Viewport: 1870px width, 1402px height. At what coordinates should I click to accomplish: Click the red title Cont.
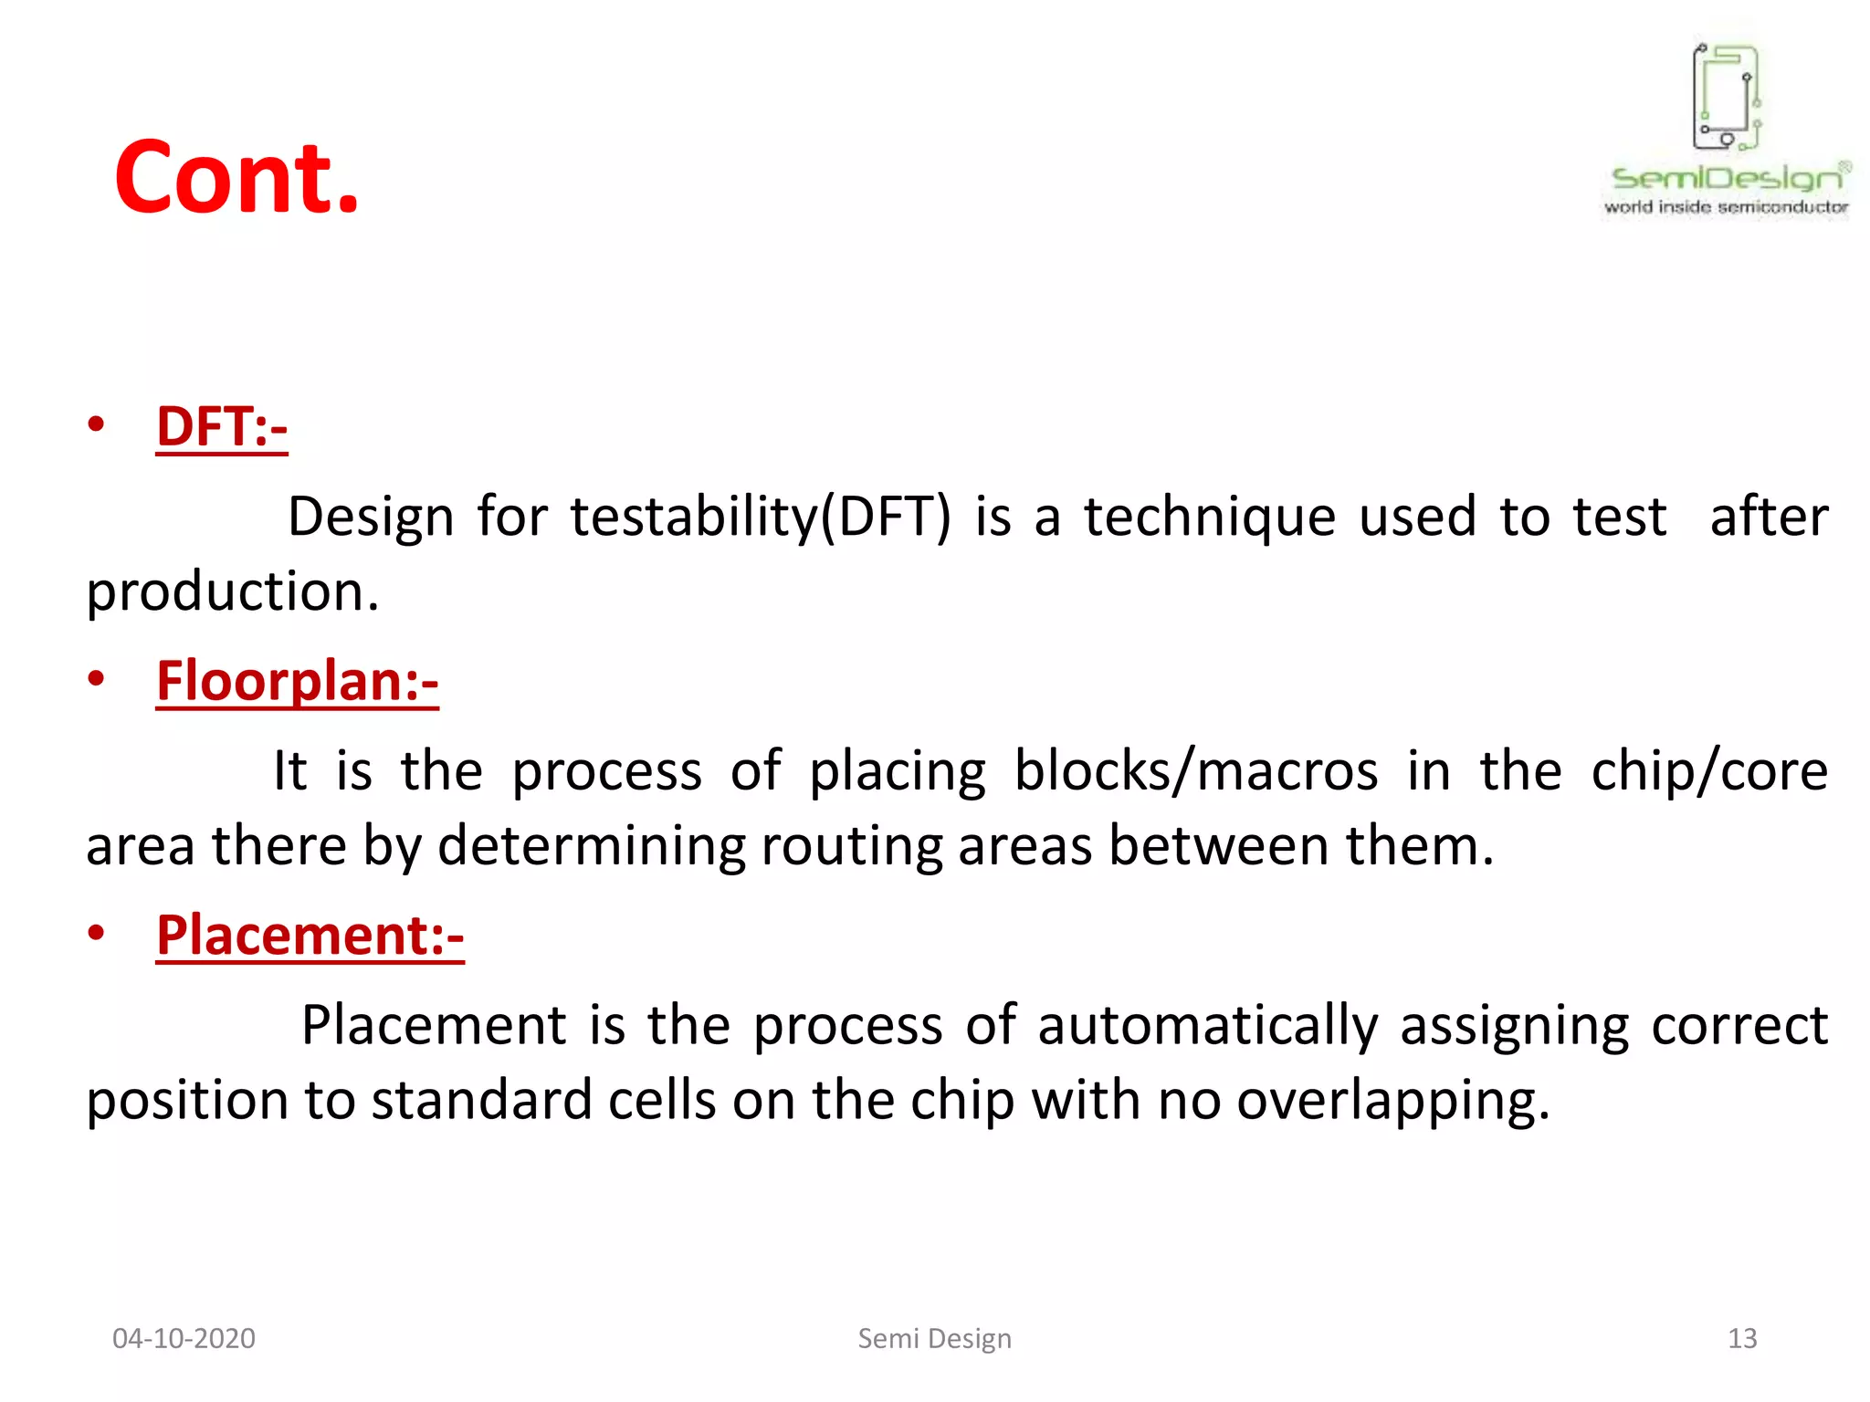tap(236, 177)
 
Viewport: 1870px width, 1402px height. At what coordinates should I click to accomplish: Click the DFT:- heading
tap(222, 427)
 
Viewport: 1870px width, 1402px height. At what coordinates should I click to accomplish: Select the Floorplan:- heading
tap(297, 681)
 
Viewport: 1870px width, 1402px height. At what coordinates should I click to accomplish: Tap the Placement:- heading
tap(310, 936)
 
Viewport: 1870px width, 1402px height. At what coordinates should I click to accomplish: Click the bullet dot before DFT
tap(96, 424)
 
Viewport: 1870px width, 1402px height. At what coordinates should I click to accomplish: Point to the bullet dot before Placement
tap(96, 933)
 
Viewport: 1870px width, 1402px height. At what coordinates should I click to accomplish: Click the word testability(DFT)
tap(760, 518)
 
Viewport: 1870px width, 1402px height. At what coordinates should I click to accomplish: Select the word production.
tap(232, 591)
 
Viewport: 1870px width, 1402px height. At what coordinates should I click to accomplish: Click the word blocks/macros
tap(1195, 771)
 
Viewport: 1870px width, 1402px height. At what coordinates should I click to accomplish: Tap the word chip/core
tap(1709, 771)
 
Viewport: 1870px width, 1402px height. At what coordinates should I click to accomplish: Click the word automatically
tap(1207, 1025)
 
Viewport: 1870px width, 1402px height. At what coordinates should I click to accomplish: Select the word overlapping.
tap(1392, 1101)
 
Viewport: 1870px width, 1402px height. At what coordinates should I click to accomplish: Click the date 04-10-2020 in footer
tap(184, 1338)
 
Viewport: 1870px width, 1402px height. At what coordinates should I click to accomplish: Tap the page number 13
tap(1742, 1338)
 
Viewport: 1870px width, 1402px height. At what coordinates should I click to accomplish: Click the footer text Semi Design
tap(934, 1338)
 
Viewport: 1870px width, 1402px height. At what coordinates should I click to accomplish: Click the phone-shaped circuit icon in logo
tap(1726, 97)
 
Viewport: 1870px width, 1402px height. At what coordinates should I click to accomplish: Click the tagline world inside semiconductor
tap(1726, 207)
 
